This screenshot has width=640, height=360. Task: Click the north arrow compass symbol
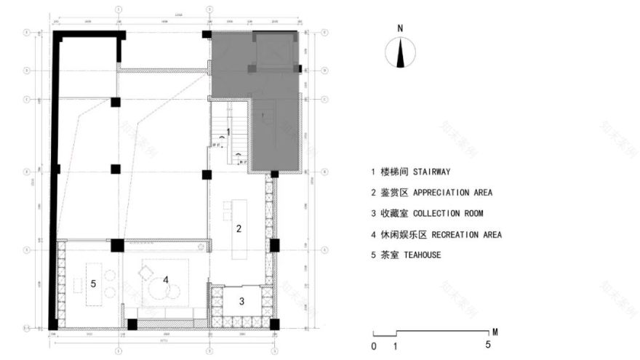point(400,52)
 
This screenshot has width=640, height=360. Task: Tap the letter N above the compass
point(400,28)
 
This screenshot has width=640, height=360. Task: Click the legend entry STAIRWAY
point(411,172)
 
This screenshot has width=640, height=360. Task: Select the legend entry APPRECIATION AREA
point(431,193)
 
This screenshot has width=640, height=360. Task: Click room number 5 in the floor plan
point(94,284)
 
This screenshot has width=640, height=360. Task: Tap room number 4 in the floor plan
point(166,279)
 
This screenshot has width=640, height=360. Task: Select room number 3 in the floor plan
point(242,300)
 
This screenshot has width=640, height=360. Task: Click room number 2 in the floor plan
point(239,228)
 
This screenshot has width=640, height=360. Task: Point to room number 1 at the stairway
point(228,132)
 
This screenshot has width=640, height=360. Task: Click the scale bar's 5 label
point(489,345)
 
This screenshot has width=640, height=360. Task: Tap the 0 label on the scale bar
point(373,345)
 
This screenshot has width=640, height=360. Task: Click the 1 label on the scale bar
point(395,345)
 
